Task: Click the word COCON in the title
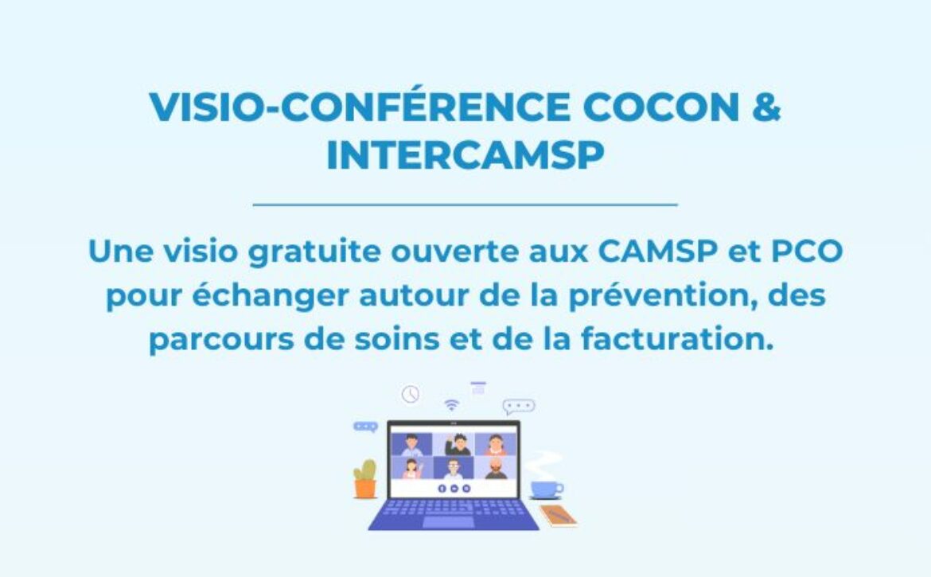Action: pyautogui.click(x=661, y=107)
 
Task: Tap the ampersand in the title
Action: pyautogui.click(x=766, y=107)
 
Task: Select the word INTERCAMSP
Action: pyautogui.click(x=465, y=155)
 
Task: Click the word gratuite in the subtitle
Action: pyautogui.click(x=314, y=252)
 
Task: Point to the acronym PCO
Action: pyautogui.click(x=807, y=251)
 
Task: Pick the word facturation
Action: pyautogui.click(x=677, y=339)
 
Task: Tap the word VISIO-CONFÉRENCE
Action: pyautogui.click(x=360, y=107)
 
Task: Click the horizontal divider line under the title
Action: pyautogui.click(x=465, y=205)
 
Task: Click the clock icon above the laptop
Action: pyautogui.click(x=411, y=394)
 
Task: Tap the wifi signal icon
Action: pyautogui.click(x=452, y=405)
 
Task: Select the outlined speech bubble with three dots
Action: pyautogui.click(x=518, y=407)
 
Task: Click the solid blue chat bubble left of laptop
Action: pyautogui.click(x=365, y=427)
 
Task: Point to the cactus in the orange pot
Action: pyautogui.click(x=365, y=478)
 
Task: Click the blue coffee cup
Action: pyautogui.click(x=546, y=489)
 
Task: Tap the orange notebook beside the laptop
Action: pyautogui.click(x=558, y=515)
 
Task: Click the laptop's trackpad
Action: pyautogui.click(x=448, y=522)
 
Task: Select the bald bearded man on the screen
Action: pyautogui.click(x=496, y=469)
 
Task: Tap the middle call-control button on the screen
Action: pyautogui.click(x=454, y=489)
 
